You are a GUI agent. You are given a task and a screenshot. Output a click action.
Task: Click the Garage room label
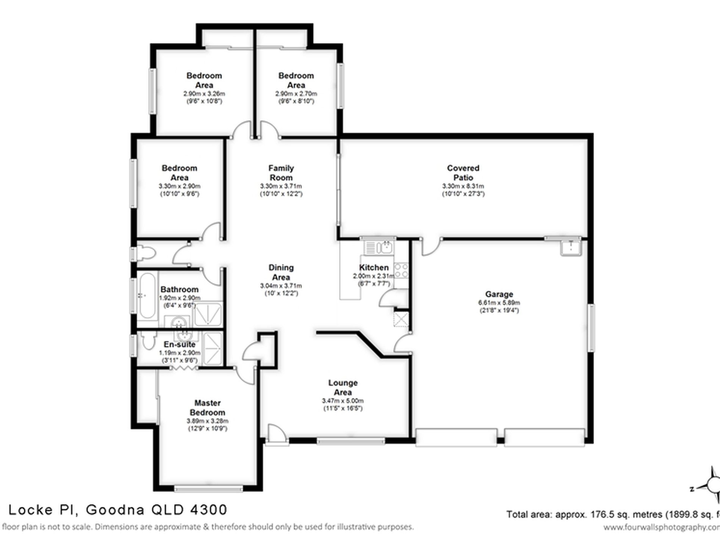(499, 294)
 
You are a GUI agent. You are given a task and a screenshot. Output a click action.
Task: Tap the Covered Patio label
(463, 173)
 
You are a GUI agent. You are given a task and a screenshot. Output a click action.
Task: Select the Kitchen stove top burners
(401, 271)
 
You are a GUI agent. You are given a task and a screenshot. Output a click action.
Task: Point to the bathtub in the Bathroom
(147, 296)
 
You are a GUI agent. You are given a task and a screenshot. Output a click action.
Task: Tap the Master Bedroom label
(207, 408)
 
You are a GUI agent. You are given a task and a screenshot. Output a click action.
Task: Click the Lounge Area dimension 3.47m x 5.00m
(343, 401)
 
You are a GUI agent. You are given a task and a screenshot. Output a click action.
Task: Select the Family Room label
(281, 173)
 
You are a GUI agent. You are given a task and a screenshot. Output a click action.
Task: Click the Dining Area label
(281, 272)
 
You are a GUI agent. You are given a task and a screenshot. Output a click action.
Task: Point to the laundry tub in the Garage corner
(571, 247)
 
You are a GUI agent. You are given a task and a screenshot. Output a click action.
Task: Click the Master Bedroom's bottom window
(208, 489)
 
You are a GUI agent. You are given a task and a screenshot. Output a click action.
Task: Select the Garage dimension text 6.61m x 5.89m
(499, 303)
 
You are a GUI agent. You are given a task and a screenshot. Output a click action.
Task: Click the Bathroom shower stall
(208, 314)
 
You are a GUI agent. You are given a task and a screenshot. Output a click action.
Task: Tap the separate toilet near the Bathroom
(146, 253)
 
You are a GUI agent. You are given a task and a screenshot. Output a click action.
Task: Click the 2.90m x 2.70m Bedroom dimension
(296, 94)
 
